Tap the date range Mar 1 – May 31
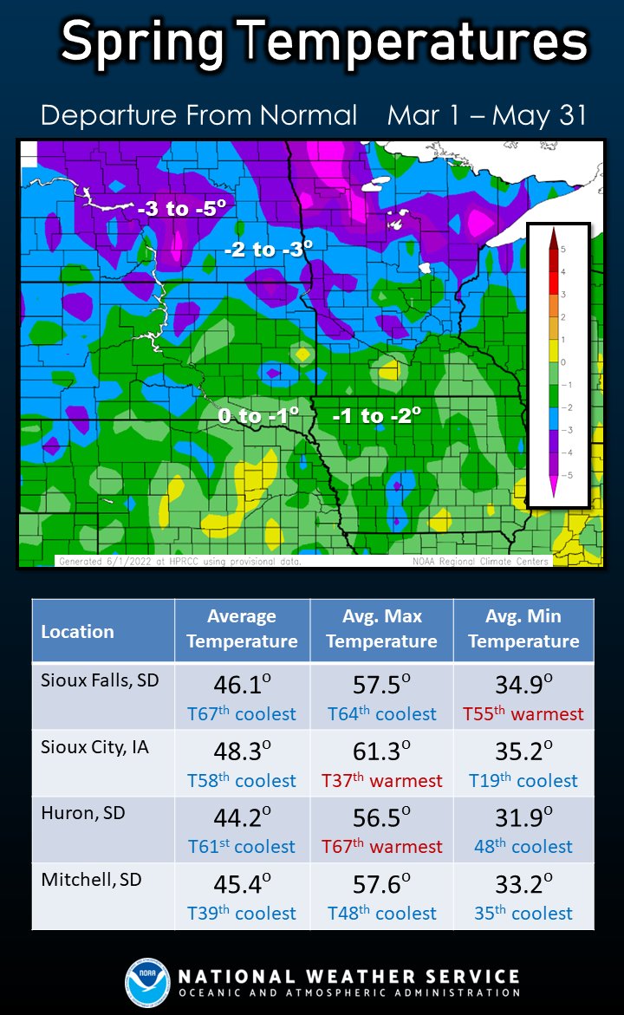487,115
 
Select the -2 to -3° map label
268,250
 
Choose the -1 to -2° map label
377,416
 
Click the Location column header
77,632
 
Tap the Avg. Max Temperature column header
381,629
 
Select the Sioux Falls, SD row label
100,680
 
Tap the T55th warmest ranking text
523,714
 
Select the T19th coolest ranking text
523,781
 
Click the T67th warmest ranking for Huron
381,847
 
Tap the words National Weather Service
348,976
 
